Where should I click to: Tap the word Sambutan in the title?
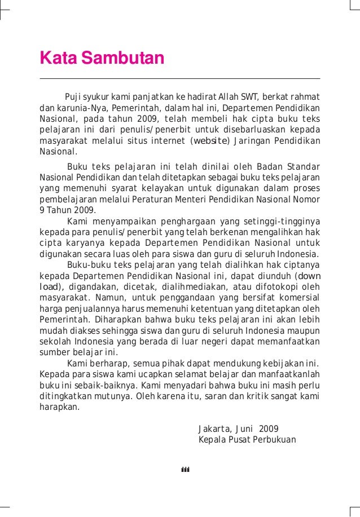(121, 58)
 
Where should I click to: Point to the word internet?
(169, 140)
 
